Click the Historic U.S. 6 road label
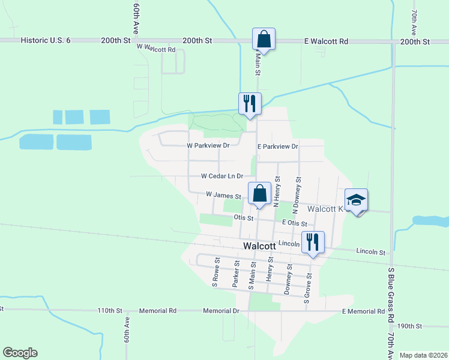click(x=46, y=41)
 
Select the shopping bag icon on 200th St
click(x=264, y=40)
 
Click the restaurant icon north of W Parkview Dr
click(x=249, y=104)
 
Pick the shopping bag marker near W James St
click(x=259, y=194)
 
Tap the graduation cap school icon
click(x=356, y=200)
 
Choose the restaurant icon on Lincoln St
click(x=313, y=242)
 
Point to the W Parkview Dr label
click(x=208, y=146)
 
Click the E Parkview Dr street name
click(x=277, y=146)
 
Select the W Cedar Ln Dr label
click(x=222, y=176)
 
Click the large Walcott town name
click(x=260, y=246)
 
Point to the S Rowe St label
click(x=215, y=273)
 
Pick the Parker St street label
click(x=237, y=274)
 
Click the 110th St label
click(x=110, y=311)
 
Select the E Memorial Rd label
click(x=363, y=311)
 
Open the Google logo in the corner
click(x=20, y=353)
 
